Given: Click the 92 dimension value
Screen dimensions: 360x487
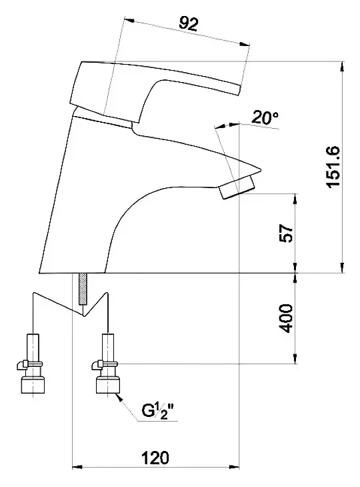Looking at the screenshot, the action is click(x=189, y=23).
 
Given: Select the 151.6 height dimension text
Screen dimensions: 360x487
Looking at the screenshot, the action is click(x=333, y=167).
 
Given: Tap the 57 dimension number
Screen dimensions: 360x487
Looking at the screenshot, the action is click(x=286, y=233).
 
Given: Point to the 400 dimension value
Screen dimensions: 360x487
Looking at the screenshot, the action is click(x=285, y=318).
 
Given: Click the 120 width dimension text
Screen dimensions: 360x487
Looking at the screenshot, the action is click(x=155, y=458).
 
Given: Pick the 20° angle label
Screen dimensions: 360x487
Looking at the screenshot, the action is click(x=265, y=117).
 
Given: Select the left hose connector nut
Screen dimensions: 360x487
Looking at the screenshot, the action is click(x=33, y=385).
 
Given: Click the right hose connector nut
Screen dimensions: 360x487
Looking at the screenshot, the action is click(x=108, y=385).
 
